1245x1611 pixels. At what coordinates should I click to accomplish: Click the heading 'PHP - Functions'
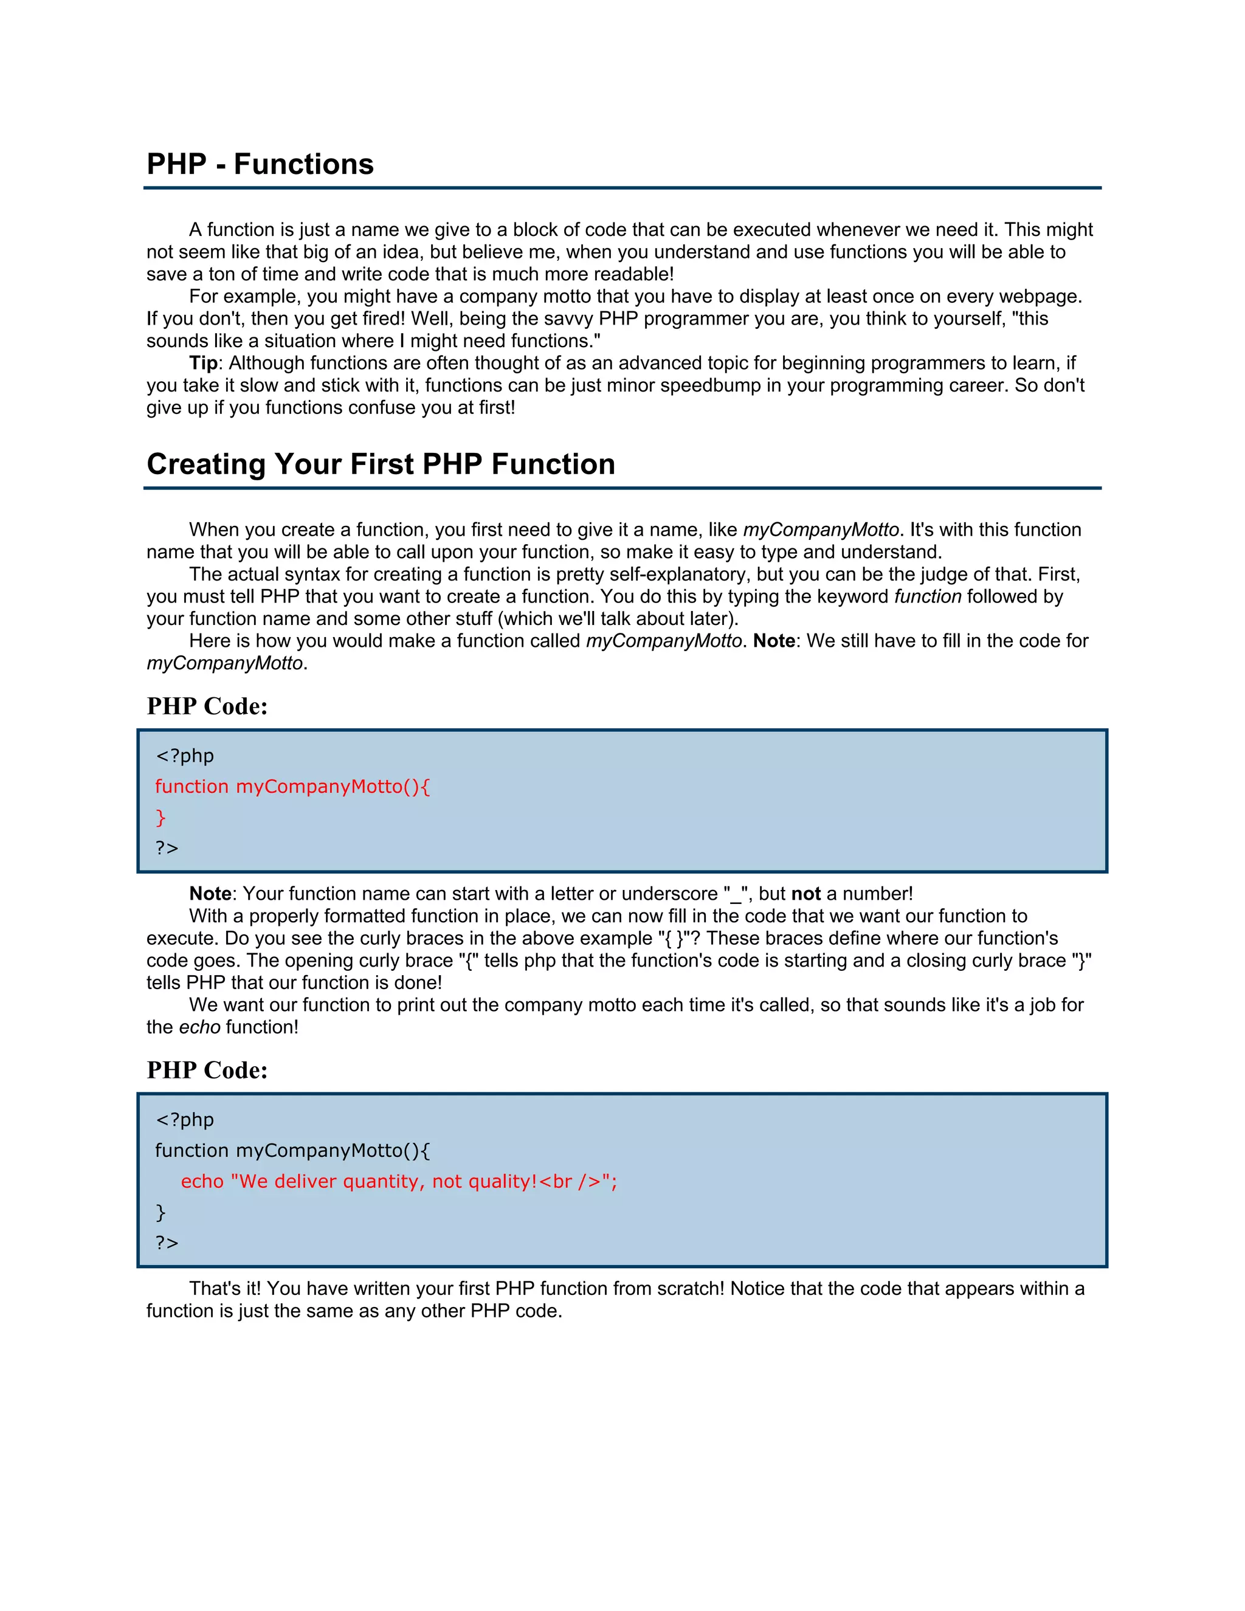tap(260, 164)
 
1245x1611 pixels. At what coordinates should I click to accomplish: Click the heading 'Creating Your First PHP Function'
tap(381, 464)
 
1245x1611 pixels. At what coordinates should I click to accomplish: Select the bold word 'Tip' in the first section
tap(203, 363)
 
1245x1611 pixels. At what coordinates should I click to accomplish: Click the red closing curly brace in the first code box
tap(160, 817)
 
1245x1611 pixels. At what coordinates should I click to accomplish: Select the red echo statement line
tap(398, 1181)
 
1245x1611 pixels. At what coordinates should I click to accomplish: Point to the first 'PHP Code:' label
tap(207, 706)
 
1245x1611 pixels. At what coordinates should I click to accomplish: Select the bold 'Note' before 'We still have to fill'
tap(773, 640)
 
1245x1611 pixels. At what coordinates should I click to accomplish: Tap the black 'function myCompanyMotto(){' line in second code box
tap(292, 1150)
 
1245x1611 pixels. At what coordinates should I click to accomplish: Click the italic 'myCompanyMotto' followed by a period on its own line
tap(224, 663)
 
